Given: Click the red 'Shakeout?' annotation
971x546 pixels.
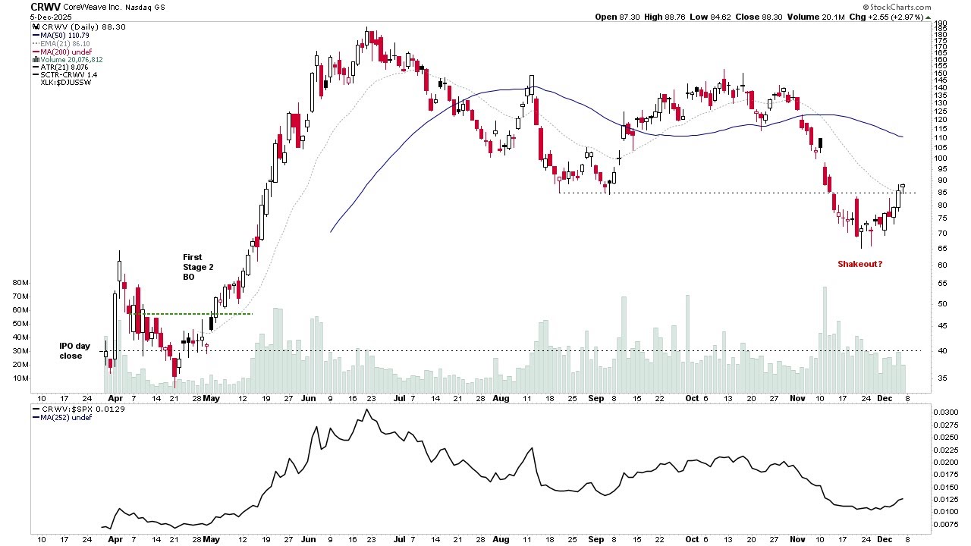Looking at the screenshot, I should point(859,264).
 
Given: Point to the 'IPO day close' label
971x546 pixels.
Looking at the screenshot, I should point(75,350).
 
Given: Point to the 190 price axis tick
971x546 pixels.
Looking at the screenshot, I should point(939,24).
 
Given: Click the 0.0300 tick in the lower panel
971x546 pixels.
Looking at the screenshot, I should point(944,412).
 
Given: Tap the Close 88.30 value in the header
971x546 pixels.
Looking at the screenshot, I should point(768,16).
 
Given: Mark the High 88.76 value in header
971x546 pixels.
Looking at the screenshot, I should point(665,16).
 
